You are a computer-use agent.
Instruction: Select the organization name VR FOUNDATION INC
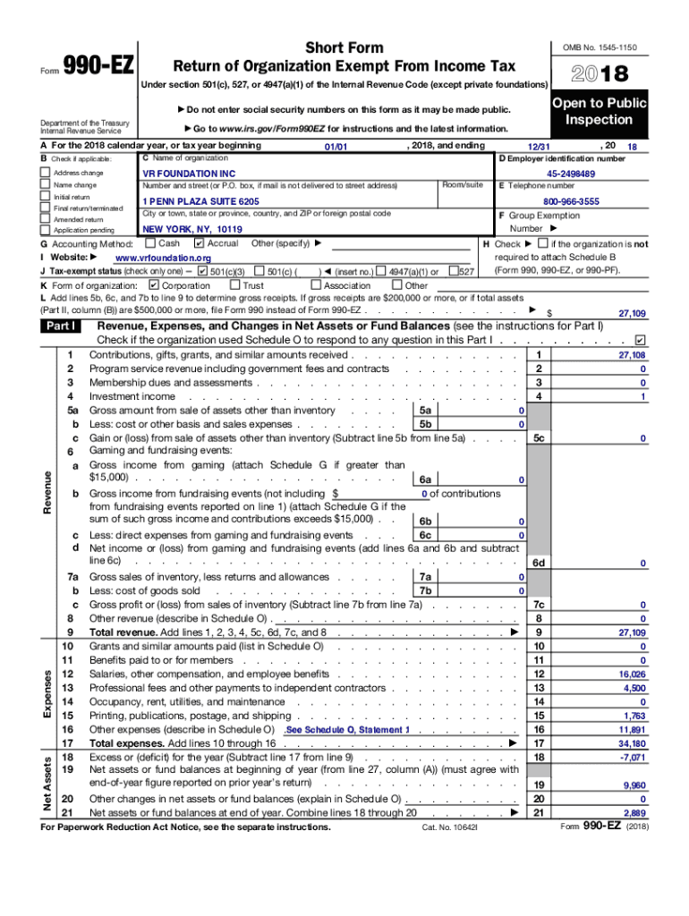click(x=189, y=173)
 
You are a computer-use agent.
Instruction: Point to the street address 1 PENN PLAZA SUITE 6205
click(x=201, y=202)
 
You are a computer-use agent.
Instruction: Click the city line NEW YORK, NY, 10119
click(x=192, y=229)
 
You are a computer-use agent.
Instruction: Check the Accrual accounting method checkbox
click(x=200, y=243)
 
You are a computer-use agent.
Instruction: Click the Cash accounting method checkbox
click(x=150, y=243)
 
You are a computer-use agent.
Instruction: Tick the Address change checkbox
click(x=47, y=172)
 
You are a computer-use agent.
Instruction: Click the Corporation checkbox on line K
click(x=153, y=285)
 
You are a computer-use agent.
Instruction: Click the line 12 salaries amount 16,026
click(x=631, y=674)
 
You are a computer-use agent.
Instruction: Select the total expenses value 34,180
click(x=631, y=743)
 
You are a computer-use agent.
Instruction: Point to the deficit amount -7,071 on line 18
click(x=631, y=757)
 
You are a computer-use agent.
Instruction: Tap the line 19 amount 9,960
click(x=634, y=785)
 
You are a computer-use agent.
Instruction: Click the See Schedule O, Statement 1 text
click(x=347, y=730)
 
